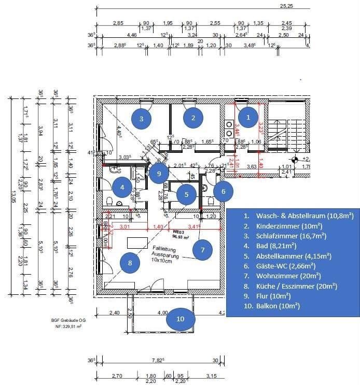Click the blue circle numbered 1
point(248,118)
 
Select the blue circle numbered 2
point(193,118)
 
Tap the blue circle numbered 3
point(142,118)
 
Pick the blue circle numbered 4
point(122,187)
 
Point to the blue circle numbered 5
point(186,194)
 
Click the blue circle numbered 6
point(224,191)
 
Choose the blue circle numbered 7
point(202,250)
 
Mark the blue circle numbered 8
point(130,263)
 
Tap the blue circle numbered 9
point(159,173)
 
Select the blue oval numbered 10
point(180,319)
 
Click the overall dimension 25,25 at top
point(287,6)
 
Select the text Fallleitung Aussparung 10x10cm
point(165,254)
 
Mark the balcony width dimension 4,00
point(162,312)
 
